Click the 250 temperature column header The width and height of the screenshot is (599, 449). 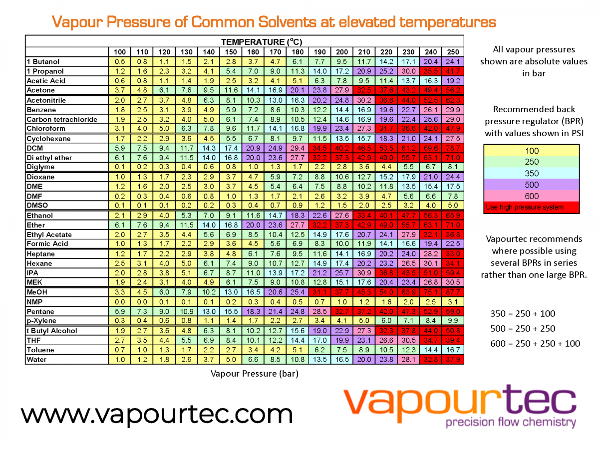(x=453, y=52)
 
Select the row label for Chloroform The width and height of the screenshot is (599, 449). (x=46, y=129)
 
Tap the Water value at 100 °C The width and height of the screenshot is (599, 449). (x=120, y=359)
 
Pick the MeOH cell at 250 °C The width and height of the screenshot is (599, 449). (x=453, y=292)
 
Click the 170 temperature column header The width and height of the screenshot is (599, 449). (x=276, y=52)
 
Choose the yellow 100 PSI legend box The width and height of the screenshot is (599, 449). (x=531, y=151)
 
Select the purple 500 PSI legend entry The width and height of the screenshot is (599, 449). (x=531, y=185)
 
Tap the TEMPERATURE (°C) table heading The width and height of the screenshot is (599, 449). (x=262, y=42)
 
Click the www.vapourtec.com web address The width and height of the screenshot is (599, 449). (x=157, y=414)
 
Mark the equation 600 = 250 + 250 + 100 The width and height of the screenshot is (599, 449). (x=535, y=343)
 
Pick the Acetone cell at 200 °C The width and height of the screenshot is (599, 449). (x=342, y=90)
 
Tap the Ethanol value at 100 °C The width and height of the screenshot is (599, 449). (x=120, y=216)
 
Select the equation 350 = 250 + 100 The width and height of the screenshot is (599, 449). (x=523, y=314)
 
